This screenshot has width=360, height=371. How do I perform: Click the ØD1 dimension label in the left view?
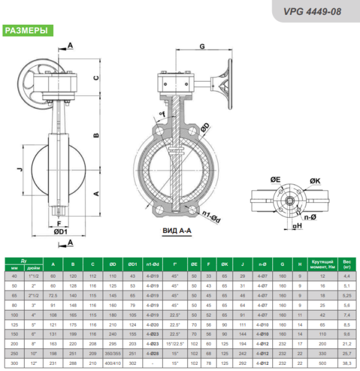(x=60, y=231)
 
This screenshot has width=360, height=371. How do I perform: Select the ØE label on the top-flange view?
(x=275, y=179)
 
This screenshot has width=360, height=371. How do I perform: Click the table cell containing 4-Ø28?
(x=152, y=354)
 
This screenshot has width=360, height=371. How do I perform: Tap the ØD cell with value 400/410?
(x=112, y=363)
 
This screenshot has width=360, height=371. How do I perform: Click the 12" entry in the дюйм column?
(x=36, y=363)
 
